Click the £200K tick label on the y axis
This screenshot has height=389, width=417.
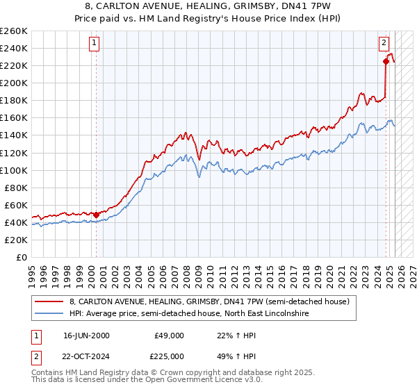click(x=13, y=83)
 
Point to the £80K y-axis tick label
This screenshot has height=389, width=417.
click(x=15, y=188)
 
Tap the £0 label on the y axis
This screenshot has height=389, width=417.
click(x=22, y=257)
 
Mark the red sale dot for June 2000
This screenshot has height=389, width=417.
click(x=96, y=214)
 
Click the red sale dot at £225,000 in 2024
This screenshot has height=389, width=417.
click(x=386, y=61)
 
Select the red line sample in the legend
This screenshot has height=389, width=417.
click(x=49, y=301)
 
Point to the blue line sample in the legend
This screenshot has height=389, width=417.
click(x=49, y=313)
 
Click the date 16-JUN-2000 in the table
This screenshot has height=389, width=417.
click(x=85, y=336)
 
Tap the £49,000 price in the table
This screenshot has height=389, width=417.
click(x=169, y=336)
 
